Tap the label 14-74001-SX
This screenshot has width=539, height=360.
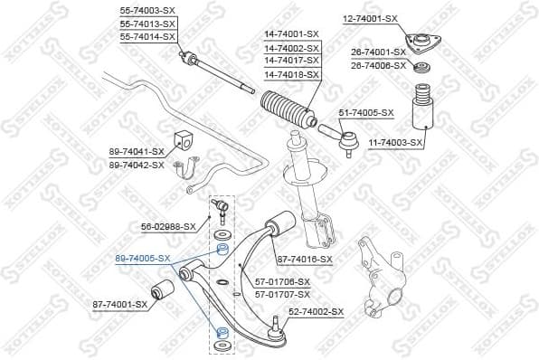(292, 34)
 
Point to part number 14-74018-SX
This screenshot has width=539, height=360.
(292, 73)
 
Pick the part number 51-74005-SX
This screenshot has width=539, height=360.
(366, 112)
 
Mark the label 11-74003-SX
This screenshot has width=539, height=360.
(396, 143)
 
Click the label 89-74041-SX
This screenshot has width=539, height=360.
(136, 152)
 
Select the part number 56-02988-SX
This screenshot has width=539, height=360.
(167, 227)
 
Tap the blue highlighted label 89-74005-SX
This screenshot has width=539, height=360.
(143, 258)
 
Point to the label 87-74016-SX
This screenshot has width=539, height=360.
(305, 259)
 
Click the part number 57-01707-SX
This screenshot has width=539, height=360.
(282, 294)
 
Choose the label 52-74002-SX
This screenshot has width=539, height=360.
(317, 311)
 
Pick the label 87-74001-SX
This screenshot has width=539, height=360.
(118, 304)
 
